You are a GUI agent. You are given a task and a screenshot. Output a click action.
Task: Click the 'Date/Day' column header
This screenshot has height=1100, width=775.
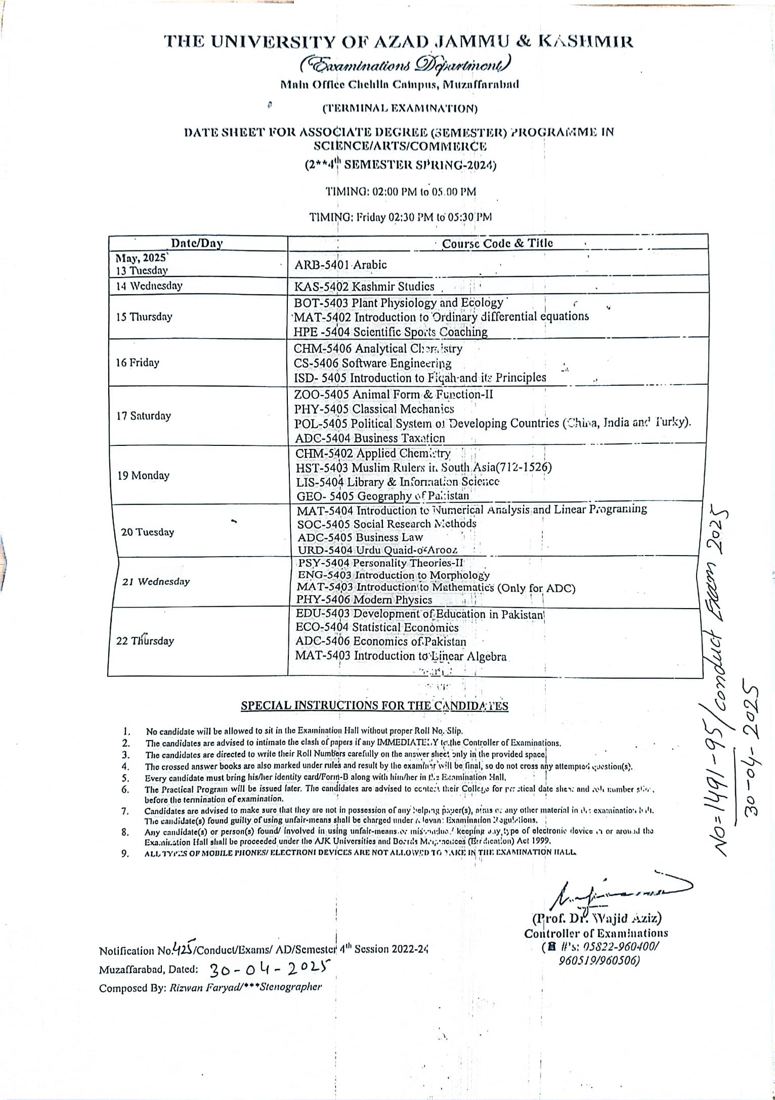tap(197, 243)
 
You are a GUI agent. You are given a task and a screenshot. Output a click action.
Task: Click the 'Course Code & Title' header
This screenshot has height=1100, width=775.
tap(497, 243)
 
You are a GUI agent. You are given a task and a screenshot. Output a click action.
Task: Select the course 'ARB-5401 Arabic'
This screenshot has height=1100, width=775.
tap(341, 264)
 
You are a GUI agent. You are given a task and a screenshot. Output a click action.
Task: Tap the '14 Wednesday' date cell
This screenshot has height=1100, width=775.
tap(149, 286)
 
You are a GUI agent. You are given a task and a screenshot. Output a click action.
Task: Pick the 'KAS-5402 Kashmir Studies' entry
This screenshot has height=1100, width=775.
tap(364, 286)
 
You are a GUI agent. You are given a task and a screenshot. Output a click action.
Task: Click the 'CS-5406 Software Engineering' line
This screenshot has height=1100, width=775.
tap(373, 363)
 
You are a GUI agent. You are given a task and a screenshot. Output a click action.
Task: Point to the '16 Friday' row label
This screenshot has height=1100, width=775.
tap(138, 363)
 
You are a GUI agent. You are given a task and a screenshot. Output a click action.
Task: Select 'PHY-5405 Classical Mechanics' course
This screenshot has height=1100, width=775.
tap(374, 409)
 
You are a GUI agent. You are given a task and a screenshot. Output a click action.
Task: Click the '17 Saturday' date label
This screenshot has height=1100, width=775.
tap(144, 416)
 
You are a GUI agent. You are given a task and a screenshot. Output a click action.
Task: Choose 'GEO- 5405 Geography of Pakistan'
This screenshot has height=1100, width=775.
tap(382, 496)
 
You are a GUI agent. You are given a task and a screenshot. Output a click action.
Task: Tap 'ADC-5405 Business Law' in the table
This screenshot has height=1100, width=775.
tap(360, 537)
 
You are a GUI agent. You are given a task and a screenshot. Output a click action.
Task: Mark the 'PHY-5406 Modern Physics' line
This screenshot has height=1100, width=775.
tap(364, 600)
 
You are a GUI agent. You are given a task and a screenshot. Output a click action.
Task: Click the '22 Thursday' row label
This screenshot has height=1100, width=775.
tap(145, 641)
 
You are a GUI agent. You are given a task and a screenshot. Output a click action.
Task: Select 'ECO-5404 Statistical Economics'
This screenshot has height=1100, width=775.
tap(377, 628)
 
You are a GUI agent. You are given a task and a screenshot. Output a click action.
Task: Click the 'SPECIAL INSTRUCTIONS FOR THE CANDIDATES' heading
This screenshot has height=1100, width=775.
tap(374, 706)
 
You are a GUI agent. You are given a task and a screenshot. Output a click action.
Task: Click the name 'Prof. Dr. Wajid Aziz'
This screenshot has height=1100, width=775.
tap(595, 918)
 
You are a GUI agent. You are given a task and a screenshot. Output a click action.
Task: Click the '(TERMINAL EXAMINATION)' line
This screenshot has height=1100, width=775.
tap(400, 108)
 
